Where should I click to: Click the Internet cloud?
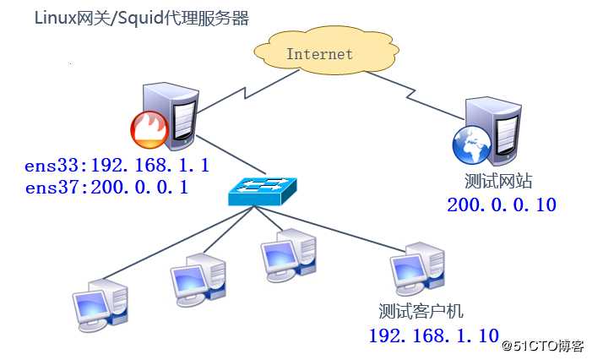(319, 55)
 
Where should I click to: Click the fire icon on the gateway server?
(149, 130)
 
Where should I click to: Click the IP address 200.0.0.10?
(502, 204)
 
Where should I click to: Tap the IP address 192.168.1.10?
(433, 335)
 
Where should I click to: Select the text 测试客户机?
(421, 310)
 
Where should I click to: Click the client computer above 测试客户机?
(416, 268)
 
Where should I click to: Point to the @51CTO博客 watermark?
(541, 346)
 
